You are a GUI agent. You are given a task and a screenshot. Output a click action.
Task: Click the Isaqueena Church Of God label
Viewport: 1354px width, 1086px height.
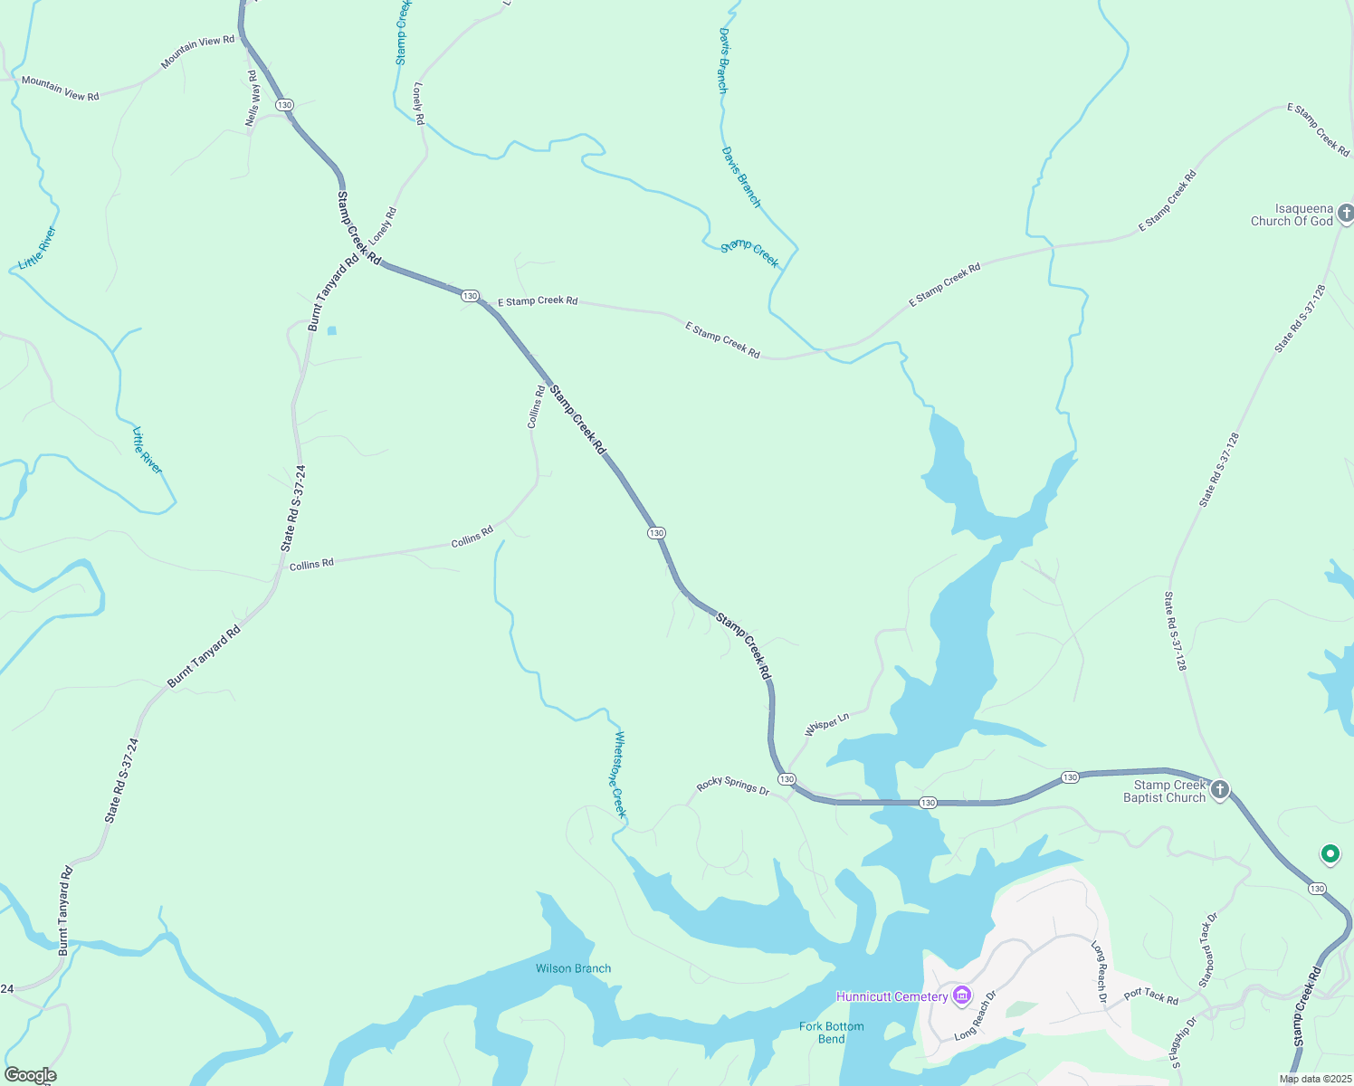click(x=1292, y=214)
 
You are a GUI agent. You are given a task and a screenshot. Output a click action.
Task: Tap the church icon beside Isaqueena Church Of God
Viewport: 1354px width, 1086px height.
click(x=1346, y=214)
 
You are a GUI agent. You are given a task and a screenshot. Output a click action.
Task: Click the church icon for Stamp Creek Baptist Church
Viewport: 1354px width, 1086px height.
click(x=1220, y=790)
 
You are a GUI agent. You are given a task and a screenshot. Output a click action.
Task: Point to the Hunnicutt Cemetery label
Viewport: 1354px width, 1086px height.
click(x=892, y=996)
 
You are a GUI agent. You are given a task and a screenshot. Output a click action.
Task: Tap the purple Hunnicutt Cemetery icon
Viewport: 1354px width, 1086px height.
click(x=961, y=996)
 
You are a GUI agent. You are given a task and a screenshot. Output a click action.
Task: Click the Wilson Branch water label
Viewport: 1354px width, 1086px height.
click(x=573, y=968)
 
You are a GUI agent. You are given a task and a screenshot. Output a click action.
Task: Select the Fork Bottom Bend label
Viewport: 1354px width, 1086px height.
click(x=831, y=1033)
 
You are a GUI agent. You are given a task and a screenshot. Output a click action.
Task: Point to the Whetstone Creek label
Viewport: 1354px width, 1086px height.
click(x=619, y=775)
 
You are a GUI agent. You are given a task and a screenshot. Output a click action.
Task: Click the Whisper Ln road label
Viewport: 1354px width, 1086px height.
click(x=827, y=724)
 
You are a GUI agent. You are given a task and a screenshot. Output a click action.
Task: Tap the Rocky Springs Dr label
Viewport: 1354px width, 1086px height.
click(x=733, y=786)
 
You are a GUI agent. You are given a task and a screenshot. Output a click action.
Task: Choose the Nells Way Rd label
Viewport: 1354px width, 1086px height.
click(x=253, y=99)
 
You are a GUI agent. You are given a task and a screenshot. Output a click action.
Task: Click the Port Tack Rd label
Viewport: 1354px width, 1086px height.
click(x=1151, y=995)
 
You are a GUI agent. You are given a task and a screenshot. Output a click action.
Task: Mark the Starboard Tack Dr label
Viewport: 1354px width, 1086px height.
click(x=1208, y=950)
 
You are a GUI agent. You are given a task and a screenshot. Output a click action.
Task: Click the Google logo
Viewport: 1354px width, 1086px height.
click(x=30, y=1075)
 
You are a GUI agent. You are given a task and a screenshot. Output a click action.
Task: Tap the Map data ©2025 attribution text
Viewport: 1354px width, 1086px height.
click(x=1314, y=1079)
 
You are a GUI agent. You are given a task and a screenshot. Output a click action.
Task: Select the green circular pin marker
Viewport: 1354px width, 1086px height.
click(x=1330, y=853)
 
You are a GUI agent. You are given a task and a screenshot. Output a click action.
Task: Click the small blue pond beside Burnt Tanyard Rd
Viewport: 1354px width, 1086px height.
click(x=331, y=330)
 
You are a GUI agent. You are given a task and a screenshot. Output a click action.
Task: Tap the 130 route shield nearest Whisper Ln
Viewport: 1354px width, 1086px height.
click(x=787, y=779)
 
